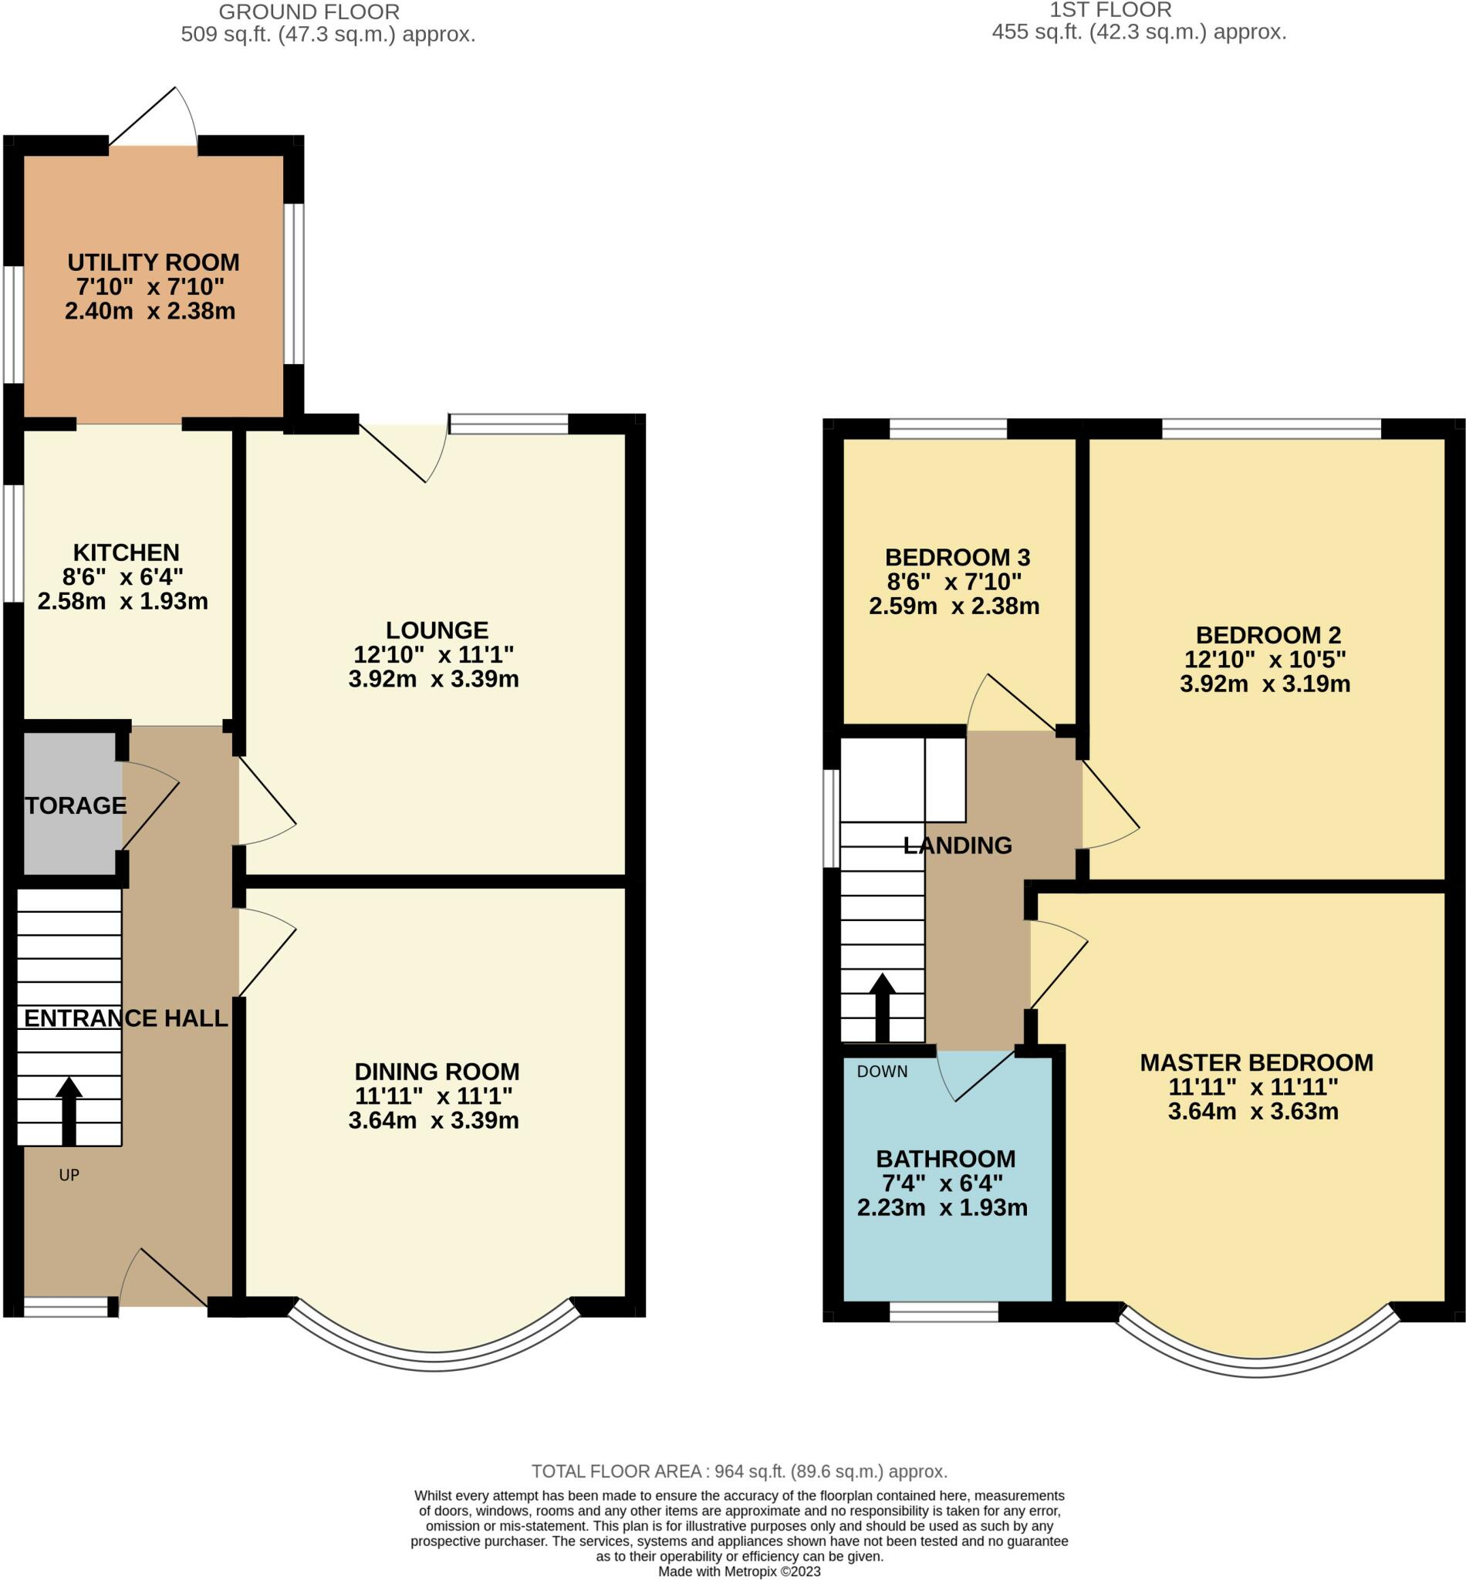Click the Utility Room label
(153, 262)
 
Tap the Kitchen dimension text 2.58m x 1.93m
(123, 601)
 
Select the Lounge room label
(437, 630)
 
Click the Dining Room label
(437, 1072)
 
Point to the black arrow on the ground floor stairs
(69, 1111)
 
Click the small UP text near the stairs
(69, 1176)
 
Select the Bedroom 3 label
(958, 558)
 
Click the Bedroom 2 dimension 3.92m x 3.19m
(1265, 684)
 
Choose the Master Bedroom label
(1257, 1063)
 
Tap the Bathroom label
(946, 1159)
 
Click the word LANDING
(958, 846)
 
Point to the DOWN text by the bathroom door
(882, 1072)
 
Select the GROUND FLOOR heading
(309, 12)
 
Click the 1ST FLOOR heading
(1110, 10)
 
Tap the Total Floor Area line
(739, 1472)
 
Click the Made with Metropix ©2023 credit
(739, 1572)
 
